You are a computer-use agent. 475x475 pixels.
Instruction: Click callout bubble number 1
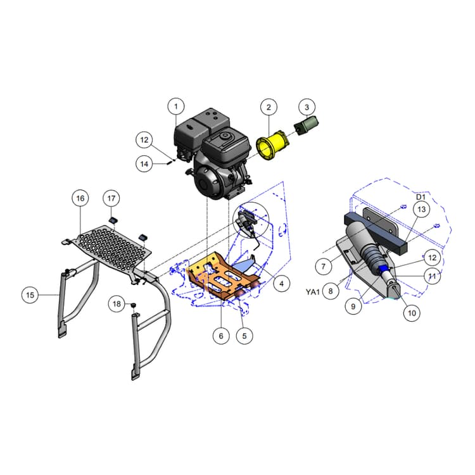pos(177,106)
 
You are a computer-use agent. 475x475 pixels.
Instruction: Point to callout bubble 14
pos(144,163)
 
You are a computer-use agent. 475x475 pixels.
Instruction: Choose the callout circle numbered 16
pos(80,198)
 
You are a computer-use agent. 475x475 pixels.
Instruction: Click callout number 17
pos(111,198)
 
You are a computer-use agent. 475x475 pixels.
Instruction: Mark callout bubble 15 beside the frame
pos(30,294)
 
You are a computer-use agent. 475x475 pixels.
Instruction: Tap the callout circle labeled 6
pos(221,335)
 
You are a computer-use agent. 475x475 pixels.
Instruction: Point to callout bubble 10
pos(412,313)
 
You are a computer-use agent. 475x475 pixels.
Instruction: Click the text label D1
pos(421,198)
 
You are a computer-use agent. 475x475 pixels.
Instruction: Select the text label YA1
pos(312,292)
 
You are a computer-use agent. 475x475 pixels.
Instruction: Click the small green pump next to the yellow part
pos(308,127)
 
